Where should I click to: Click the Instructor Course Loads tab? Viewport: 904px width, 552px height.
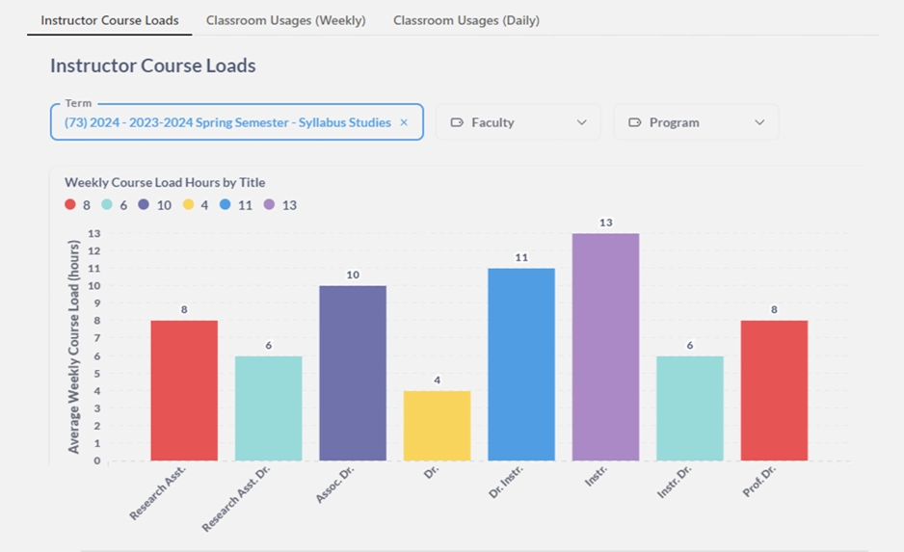click(109, 20)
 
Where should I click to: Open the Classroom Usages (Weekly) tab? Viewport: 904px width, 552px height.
click(285, 20)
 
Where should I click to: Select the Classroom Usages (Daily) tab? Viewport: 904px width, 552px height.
click(465, 20)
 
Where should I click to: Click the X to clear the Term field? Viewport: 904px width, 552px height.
click(404, 122)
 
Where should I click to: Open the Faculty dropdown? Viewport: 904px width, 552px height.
click(518, 122)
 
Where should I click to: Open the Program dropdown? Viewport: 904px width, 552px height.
click(696, 122)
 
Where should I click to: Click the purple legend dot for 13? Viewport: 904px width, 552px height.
click(269, 205)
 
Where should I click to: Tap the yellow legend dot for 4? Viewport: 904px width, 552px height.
click(188, 205)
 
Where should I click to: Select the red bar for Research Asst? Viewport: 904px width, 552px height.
click(184, 390)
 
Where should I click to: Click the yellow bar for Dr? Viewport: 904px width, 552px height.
click(437, 425)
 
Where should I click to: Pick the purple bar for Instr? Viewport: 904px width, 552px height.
click(605, 347)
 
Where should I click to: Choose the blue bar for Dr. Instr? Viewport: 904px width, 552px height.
click(521, 364)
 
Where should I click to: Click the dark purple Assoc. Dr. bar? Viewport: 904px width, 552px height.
click(353, 373)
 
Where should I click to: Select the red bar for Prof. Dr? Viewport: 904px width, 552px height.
click(774, 390)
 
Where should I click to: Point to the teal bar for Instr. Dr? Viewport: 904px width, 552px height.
click(690, 407)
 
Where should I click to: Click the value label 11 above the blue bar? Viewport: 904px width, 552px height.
click(521, 257)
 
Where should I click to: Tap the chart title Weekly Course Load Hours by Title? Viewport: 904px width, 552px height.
click(165, 182)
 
